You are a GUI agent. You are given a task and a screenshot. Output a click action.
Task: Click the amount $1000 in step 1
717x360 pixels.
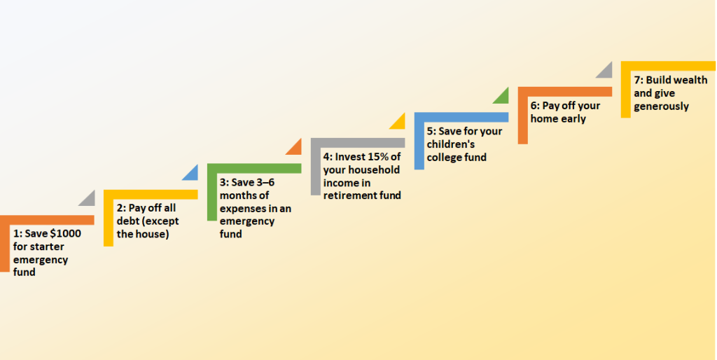(65, 235)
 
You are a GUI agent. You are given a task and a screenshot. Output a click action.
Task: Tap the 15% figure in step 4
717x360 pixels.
(387, 157)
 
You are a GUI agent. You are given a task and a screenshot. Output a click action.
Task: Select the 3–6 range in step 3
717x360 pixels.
(269, 183)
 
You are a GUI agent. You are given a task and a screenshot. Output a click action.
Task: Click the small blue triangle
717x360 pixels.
(190, 172)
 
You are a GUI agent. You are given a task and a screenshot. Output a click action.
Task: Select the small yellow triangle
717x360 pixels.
(397, 121)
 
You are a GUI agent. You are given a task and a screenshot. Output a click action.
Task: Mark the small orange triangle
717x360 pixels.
(293, 147)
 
